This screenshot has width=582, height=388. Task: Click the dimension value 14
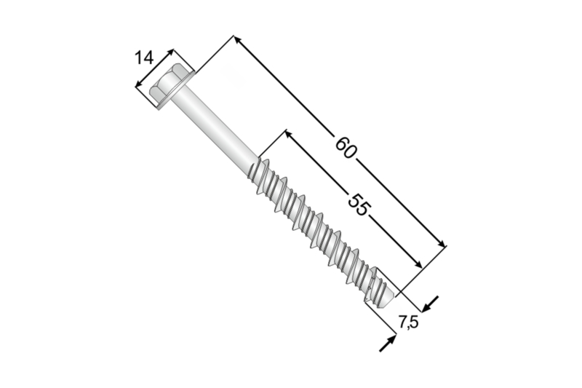click(x=145, y=58)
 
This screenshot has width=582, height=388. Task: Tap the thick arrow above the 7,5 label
click(x=431, y=303)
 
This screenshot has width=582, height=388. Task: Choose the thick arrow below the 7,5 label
click(x=387, y=343)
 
